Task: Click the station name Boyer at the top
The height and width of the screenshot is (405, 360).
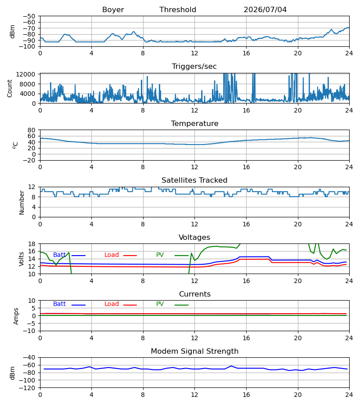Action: tap(113, 10)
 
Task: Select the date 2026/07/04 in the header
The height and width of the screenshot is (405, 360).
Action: tap(265, 10)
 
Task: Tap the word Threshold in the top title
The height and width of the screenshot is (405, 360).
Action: tap(178, 10)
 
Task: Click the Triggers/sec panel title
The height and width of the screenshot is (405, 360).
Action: tap(194, 67)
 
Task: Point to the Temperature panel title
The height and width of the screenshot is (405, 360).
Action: tap(194, 123)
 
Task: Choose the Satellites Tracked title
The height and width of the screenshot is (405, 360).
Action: tap(194, 180)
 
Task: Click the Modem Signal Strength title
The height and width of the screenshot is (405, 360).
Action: tap(194, 351)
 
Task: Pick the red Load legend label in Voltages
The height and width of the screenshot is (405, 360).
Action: tap(112, 255)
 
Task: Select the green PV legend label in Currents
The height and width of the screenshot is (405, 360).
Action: tap(160, 304)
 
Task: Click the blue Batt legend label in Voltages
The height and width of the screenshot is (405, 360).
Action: tap(59, 255)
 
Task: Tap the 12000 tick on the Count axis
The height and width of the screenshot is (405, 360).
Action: tap(26, 74)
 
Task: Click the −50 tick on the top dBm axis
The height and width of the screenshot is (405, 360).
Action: tap(29, 16)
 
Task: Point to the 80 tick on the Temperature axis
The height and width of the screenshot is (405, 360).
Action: tap(31, 130)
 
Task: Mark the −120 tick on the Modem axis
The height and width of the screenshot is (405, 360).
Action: tap(27, 388)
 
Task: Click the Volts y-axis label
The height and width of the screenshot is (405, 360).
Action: tap(21, 259)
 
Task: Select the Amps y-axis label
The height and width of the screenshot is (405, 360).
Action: tap(16, 316)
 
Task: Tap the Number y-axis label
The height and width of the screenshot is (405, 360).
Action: tap(22, 202)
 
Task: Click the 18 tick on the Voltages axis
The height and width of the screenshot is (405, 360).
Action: tap(31, 244)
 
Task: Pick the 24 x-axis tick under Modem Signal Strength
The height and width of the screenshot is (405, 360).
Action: tap(349, 395)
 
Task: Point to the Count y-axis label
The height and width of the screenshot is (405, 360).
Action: tap(10, 88)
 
